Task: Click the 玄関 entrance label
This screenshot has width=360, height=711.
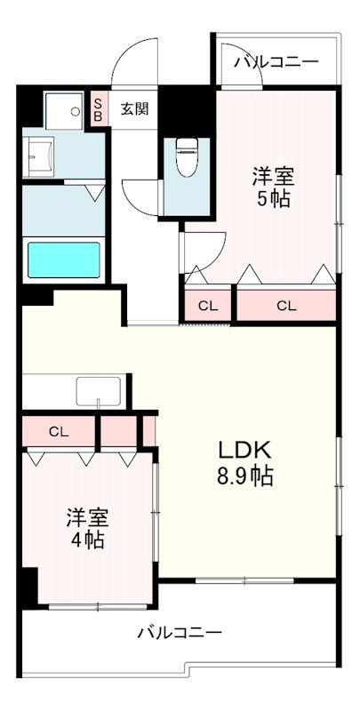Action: [134, 109]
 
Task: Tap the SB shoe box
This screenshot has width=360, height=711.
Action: [98, 109]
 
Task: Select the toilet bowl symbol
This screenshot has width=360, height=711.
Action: [187, 157]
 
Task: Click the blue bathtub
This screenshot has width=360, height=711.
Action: [63, 260]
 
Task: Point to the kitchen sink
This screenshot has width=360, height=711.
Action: [98, 390]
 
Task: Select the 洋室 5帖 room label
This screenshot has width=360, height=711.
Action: [273, 186]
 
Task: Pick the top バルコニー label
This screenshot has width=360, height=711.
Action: [276, 62]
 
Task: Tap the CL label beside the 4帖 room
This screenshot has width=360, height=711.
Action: [59, 432]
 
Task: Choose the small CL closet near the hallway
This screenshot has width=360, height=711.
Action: [207, 306]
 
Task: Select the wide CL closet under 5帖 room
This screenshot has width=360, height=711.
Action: [285, 306]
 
